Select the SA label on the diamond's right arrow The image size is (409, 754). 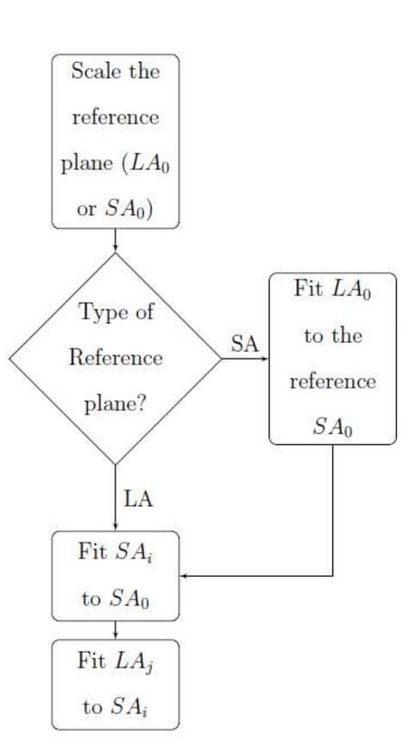tap(244, 344)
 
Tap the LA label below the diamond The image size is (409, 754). tap(139, 498)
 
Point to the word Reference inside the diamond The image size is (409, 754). tap(116, 358)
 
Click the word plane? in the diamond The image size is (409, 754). tap(115, 404)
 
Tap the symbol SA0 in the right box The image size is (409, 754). tap(333, 428)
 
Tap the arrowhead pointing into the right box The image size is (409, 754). tap(265, 358)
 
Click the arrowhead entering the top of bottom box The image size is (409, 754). tap(116, 636)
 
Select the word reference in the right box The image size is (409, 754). tap(332, 382)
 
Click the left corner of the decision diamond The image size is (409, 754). tap(11, 358)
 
